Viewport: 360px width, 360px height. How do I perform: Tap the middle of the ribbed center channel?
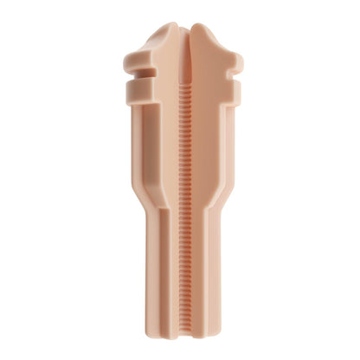(179, 208)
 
